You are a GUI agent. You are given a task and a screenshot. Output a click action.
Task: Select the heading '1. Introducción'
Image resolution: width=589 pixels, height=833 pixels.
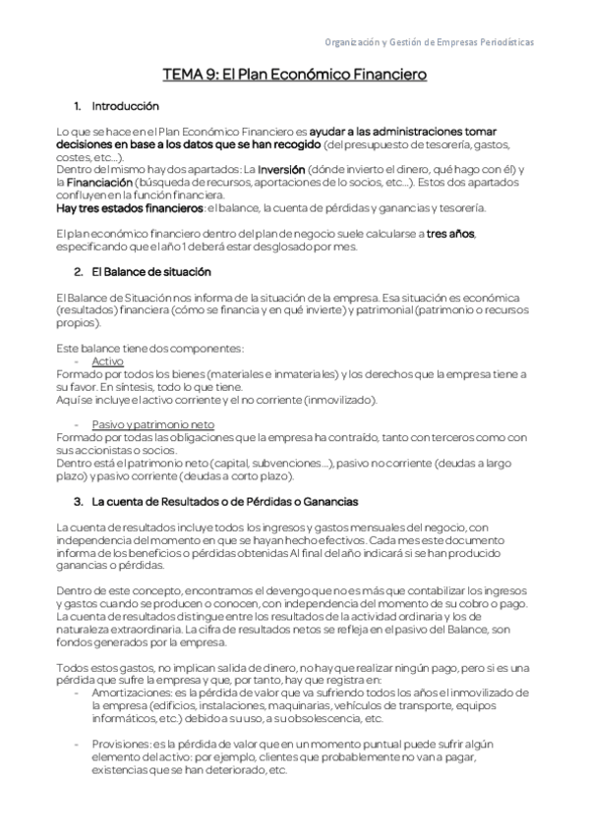tap(117, 105)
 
